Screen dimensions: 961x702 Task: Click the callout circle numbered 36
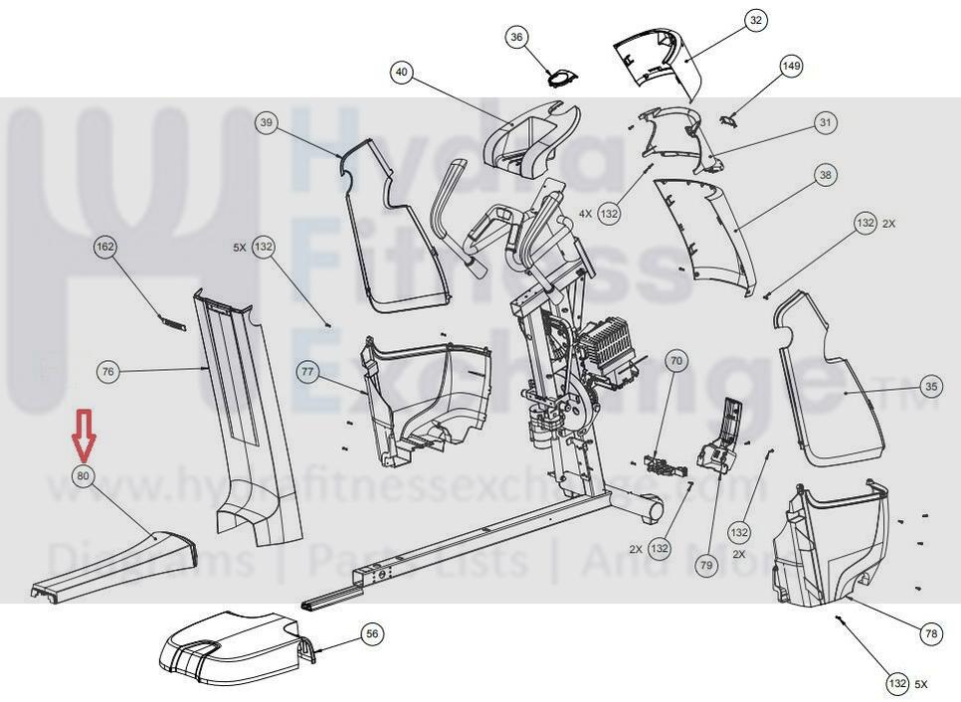[516, 38]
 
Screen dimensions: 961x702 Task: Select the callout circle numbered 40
[401, 72]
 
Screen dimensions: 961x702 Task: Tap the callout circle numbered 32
[756, 20]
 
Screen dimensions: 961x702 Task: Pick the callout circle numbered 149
[791, 67]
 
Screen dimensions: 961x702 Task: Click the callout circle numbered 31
[825, 122]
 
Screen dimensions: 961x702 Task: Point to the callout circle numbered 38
[825, 175]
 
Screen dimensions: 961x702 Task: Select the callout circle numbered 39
[266, 122]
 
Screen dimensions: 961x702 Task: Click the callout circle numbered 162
[105, 246]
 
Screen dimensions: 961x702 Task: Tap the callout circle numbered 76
[109, 372]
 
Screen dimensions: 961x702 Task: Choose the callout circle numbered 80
[84, 476]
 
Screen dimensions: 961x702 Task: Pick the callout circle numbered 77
[307, 372]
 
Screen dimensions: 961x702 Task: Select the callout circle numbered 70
[676, 361]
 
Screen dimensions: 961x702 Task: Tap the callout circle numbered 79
[706, 565]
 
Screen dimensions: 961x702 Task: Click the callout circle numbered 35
[930, 386]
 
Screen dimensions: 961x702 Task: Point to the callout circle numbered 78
[931, 632]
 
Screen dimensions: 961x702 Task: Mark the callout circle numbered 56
[371, 633]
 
